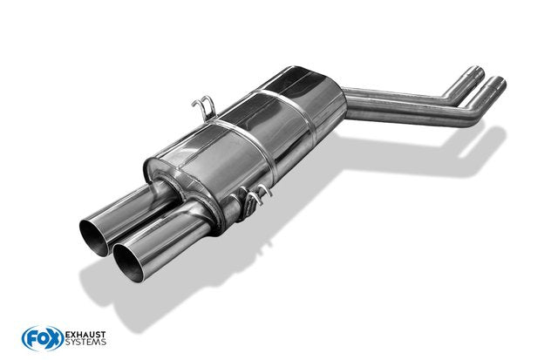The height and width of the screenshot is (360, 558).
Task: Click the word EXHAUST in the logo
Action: (85, 335)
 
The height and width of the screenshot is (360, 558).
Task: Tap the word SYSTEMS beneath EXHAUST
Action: (85, 343)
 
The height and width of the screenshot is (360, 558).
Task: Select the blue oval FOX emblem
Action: (43, 338)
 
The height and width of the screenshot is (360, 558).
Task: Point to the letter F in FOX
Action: (31, 339)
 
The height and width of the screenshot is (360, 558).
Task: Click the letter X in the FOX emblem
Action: (54, 339)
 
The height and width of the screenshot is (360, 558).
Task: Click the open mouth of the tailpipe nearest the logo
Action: (128, 263)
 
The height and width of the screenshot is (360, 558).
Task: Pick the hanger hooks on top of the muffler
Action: (204, 105)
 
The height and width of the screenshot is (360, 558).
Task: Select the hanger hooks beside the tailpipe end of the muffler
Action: (253, 196)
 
